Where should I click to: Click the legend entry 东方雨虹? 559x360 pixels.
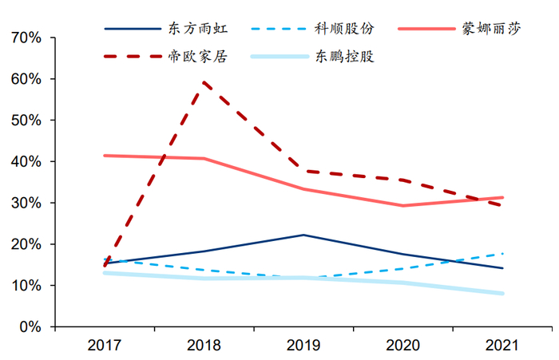pyautogui.click(x=196, y=29)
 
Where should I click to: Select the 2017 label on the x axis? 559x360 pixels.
pyautogui.click(x=105, y=346)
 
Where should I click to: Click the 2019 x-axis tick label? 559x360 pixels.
pyautogui.click(x=303, y=346)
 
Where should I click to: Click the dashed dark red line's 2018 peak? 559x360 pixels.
pyautogui.click(x=204, y=82)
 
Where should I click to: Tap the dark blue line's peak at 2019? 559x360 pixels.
pyautogui.click(x=303, y=235)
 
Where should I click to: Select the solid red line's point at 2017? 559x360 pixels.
pyautogui.click(x=105, y=156)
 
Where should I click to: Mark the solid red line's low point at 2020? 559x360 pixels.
pyautogui.click(x=403, y=206)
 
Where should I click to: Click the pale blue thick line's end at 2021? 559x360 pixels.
pyautogui.click(x=502, y=294)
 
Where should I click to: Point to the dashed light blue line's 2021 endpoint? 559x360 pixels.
pyautogui.click(x=502, y=254)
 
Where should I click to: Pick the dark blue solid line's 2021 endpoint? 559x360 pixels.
pyautogui.click(x=502, y=268)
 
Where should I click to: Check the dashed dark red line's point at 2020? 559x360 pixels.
pyautogui.click(x=403, y=180)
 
